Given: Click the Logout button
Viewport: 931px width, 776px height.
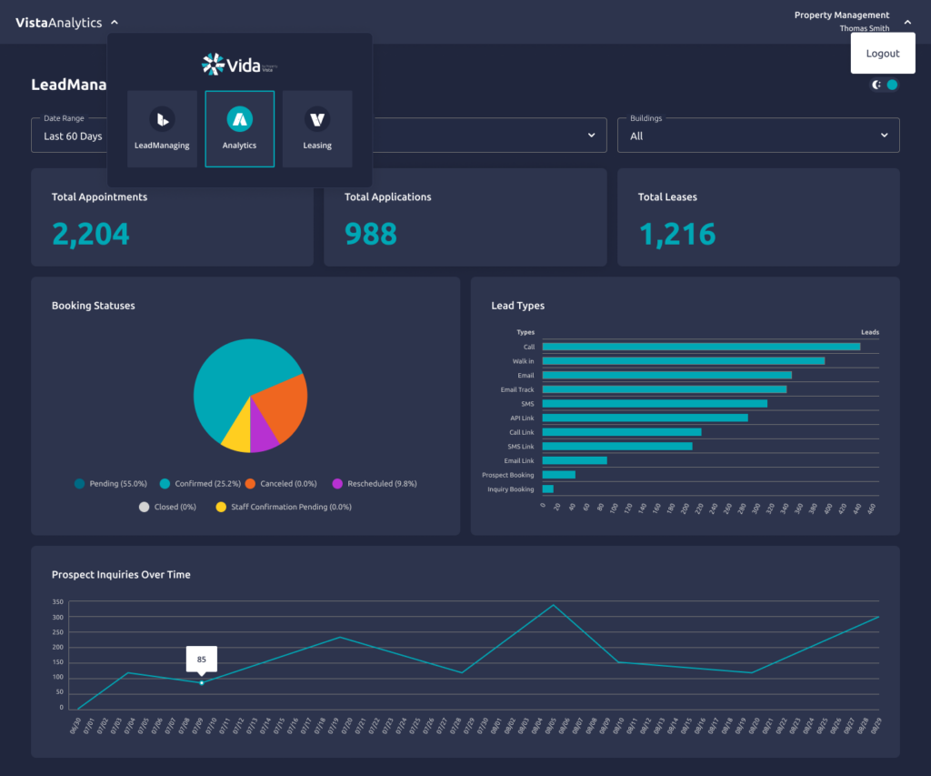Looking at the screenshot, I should pos(882,54).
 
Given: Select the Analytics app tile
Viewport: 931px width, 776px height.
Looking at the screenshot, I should pos(240,128).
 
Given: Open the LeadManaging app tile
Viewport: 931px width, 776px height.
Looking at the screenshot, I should pos(162,128).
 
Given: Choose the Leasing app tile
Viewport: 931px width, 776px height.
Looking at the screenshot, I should pos(317,128).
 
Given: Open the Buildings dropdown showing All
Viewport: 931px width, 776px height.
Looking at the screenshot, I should pos(758,136).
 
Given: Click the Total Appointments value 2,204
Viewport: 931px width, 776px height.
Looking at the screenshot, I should pos(91,234).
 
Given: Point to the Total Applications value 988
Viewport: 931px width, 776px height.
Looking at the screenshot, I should pos(371,234).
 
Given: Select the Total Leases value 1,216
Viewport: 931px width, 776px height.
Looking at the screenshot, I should pos(676,234).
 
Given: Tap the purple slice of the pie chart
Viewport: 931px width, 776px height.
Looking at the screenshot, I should pos(263,436).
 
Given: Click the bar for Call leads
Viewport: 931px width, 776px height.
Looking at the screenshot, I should pos(700,347).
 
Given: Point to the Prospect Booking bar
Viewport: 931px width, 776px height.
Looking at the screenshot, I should pos(558,475).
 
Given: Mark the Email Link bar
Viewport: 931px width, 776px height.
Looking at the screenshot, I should pos(574,460).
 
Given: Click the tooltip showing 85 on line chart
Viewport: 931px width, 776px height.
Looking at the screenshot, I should pos(201,659).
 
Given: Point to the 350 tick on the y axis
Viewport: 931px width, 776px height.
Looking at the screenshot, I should pos(57,602).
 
